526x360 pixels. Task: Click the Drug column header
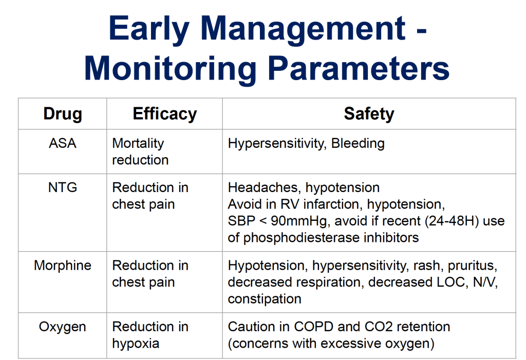pyautogui.click(x=63, y=113)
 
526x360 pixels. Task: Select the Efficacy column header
pyautogui.click(x=165, y=113)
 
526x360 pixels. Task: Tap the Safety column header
pyautogui.click(x=369, y=113)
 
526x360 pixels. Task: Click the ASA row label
pyautogui.click(x=63, y=143)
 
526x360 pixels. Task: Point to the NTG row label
pyautogui.click(x=63, y=187)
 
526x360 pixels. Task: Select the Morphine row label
pyautogui.click(x=63, y=266)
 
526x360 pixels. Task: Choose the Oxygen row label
pyautogui.click(x=62, y=327)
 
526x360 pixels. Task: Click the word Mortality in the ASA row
pyautogui.click(x=138, y=144)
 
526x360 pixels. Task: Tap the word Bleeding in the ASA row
pyautogui.click(x=358, y=144)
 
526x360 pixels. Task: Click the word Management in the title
pyautogui.click(x=303, y=29)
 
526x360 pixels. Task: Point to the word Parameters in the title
pyautogui.click(x=359, y=68)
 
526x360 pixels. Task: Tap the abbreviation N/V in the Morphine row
pyautogui.click(x=485, y=282)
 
